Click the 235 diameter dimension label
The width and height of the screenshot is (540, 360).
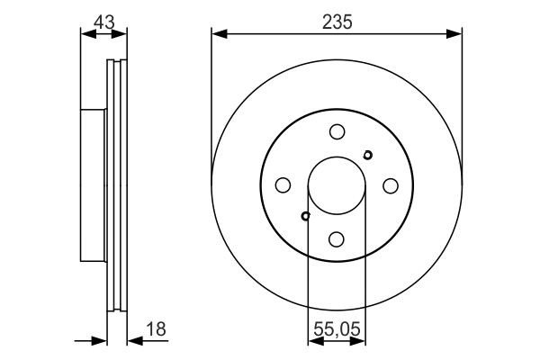337,22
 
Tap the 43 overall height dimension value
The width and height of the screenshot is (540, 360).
104,22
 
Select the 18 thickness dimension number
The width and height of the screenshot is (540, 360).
156,329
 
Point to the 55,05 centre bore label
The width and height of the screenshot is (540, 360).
337,328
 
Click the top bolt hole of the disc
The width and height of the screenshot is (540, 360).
337,131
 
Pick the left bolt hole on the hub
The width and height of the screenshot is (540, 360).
283,185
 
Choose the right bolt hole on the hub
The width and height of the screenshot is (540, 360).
391,185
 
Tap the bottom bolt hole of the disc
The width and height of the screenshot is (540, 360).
337,239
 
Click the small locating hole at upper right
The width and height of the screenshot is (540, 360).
368,155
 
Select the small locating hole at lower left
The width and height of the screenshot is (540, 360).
305,216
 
